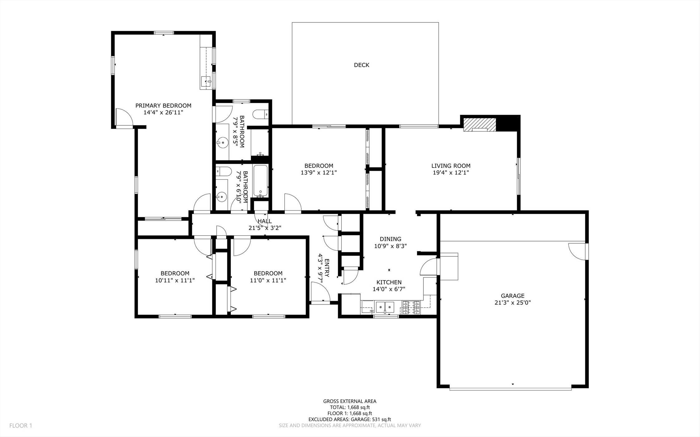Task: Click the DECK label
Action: [x=362, y=65]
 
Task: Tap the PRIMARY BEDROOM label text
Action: [x=163, y=106]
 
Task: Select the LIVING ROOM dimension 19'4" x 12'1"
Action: [x=451, y=172]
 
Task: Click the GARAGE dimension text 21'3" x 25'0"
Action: [x=513, y=302]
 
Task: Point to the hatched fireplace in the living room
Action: [x=479, y=125]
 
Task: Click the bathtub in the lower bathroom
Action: [x=260, y=181]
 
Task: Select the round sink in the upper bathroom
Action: [x=222, y=143]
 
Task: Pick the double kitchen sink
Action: [x=385, y=307]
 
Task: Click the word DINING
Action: [x=390, y=239]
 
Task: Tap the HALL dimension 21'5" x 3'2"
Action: [x=265, y=228]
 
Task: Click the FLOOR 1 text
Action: [x=21, y=425]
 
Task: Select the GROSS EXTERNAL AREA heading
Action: [x=350, y=401]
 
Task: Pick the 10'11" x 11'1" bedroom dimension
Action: [x=175, y=280]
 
